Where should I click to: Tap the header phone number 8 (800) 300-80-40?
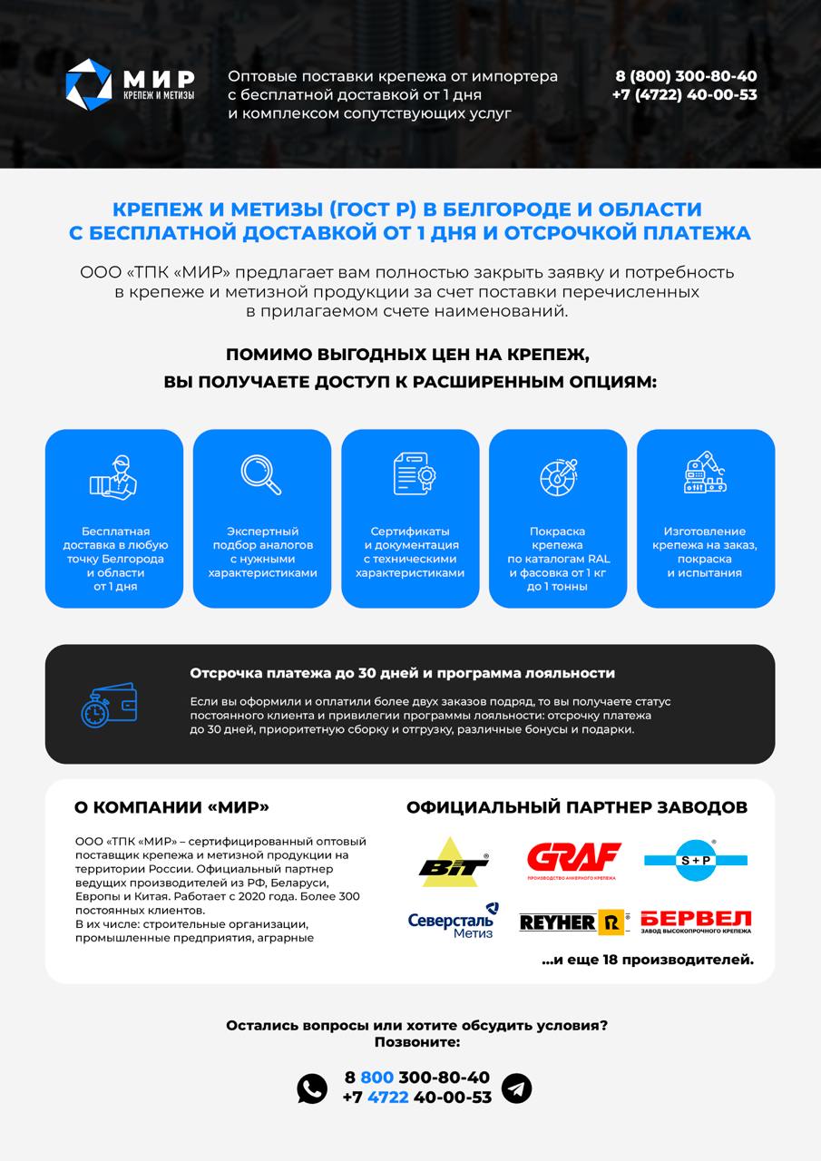pyautogui.click(x=685, y=76)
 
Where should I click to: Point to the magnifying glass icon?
pyautogui.click(x=261, y=474)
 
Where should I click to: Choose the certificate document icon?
pyautogui.click(x=410, y=474)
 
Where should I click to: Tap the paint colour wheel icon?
pyautogui.click(x=558, y=474)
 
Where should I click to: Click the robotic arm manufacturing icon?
pyautogui.click(x=706, y=474)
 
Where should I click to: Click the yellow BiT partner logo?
pyautogui.click(x=454, y=862)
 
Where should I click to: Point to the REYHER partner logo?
pyautogui.click(x=573, y=922)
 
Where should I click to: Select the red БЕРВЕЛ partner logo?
pyautogui.click(x=696, y=922)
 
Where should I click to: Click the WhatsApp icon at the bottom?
pyautogui.click(x=312, y=1088)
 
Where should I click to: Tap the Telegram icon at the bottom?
pyautogui.click(x=517, y=1088)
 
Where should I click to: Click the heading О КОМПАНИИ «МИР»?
pyautogui.click(x=171, y=807)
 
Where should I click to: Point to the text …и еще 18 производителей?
pyautogui.click(x=647, y=959)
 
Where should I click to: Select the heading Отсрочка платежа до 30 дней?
pyautogui.click(x=402, y=673)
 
